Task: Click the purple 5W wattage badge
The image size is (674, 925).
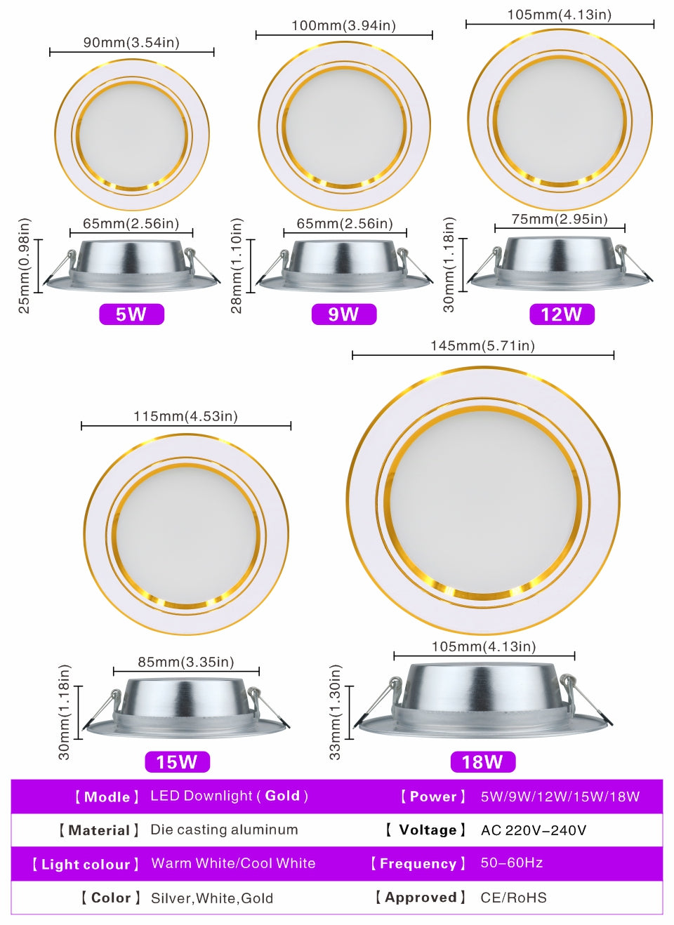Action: (x=131, y=314)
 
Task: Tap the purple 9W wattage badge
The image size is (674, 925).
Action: (x=343, y=314)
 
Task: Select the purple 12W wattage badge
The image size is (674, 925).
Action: (x=562, y=314)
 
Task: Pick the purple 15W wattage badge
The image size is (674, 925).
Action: (x=177, y=762)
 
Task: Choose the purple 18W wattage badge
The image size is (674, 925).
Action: (x=482, y=762)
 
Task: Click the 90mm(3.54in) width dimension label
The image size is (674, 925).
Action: (x=131, y=43)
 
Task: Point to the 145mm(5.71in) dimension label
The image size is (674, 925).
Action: (x=482, y=346)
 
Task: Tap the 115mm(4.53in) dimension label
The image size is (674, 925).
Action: (x=185, y=417)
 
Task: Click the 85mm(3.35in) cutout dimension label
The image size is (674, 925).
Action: (x=186, y=663)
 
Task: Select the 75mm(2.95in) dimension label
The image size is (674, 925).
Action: (x=560, y=220)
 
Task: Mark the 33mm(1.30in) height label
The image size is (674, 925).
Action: (x=336, y=712)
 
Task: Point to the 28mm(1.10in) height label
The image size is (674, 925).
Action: (x=237, y=265)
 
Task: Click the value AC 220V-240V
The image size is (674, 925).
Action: (x=534, y=831)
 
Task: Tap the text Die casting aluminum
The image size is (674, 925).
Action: (x=224, y=830)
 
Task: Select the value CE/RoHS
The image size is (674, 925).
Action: (x=513, y=898)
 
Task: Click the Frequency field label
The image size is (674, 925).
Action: (x=418, y=864)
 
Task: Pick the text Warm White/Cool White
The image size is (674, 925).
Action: (x=233, y=864)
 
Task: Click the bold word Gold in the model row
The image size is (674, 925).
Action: (x=282, y=796)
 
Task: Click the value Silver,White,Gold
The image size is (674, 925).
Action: (x=212, y=898)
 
